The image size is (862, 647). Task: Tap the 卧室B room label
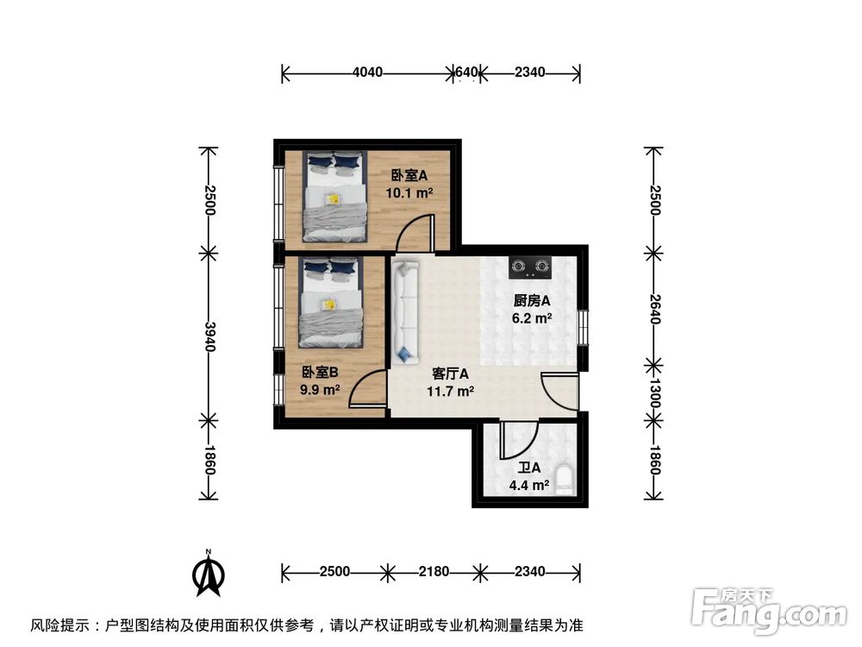tap(320, 373)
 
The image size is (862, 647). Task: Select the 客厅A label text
tap(450, 374)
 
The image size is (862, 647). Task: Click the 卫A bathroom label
tap(528, 468)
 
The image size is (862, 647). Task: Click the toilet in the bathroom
tap(565, 480)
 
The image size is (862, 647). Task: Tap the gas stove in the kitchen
tap(529, 268)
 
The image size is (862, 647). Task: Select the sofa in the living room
tap(404, 311)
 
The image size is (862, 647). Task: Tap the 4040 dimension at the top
tap(367, 72)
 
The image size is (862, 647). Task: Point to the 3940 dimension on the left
tap(209, 336)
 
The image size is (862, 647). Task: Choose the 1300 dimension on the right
tap(654, 392)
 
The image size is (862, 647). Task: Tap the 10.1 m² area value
tap(409, 192)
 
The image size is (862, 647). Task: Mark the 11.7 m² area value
tap(450, 391)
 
